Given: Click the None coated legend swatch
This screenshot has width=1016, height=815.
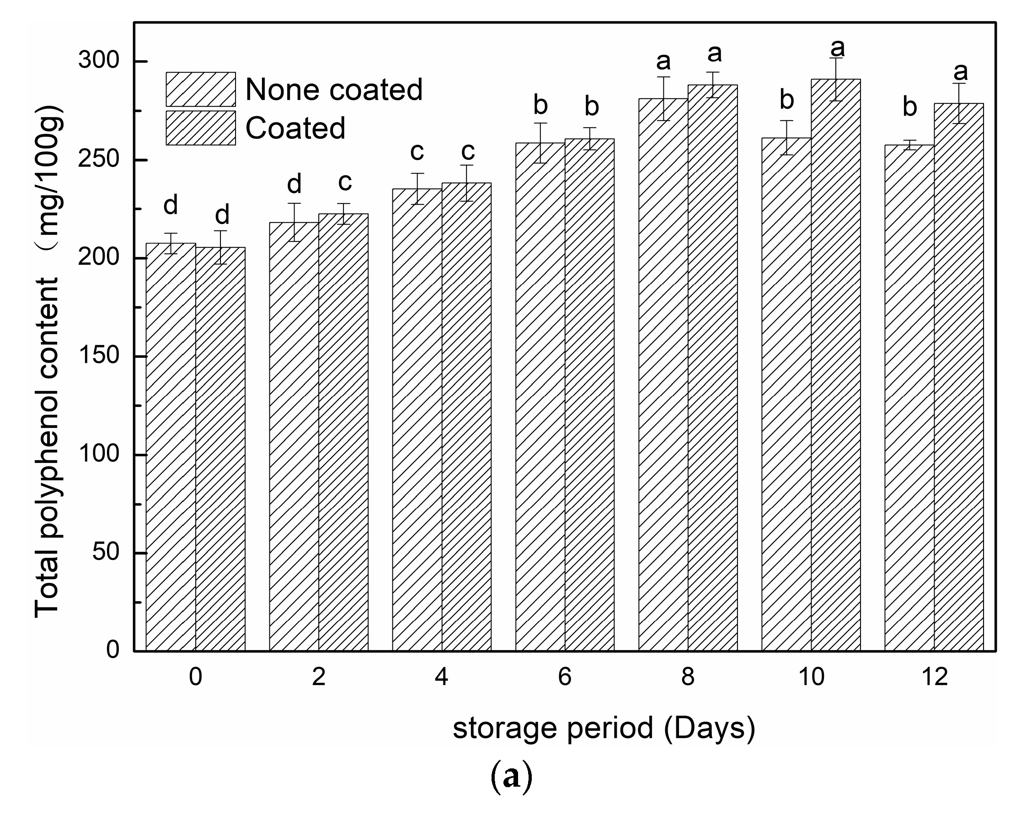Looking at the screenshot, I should tap(201, 89).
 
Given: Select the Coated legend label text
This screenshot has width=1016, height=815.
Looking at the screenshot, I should tap(295, 128).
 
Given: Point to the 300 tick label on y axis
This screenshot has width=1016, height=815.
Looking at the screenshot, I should tap(99, 61).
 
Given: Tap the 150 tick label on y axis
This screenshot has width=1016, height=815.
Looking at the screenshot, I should tap(99, 356).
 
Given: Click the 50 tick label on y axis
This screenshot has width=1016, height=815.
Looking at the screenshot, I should tap(106, 552).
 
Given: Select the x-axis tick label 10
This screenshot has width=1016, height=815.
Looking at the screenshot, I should tap(812, 677).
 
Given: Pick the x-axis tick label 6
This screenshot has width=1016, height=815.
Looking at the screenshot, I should tap(565, 677).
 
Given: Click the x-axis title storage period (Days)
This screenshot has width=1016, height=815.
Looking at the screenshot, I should tap(604, 728).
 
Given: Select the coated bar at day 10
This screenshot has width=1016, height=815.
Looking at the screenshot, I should tap(835, 368).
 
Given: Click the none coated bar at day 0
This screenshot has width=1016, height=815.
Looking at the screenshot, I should tap(171, 447).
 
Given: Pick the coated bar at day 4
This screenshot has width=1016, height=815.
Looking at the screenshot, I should tap(466, 419).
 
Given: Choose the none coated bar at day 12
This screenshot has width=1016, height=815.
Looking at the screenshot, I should tap(909, 400).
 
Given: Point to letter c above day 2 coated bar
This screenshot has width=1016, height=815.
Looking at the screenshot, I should tap(344, 182).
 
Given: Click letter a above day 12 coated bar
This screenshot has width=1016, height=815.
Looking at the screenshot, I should tap(960, 72).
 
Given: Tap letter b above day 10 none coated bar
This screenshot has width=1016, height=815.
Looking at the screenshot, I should tap(786, 101).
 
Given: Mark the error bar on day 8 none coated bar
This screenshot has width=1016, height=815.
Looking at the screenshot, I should tap(663, 98).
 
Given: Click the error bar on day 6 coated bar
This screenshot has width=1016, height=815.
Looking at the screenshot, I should tap(589, 138).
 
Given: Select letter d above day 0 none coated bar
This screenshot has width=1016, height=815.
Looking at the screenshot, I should tap(171, 205).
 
